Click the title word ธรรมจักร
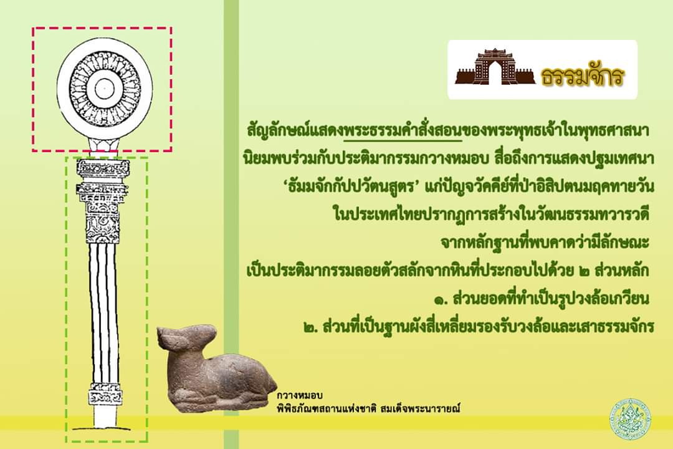point(582,77)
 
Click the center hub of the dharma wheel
point(103,89)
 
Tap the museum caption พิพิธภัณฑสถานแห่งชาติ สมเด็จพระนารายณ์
point(368,408)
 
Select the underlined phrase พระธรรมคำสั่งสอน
point(403,130)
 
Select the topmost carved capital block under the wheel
point(103,168)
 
